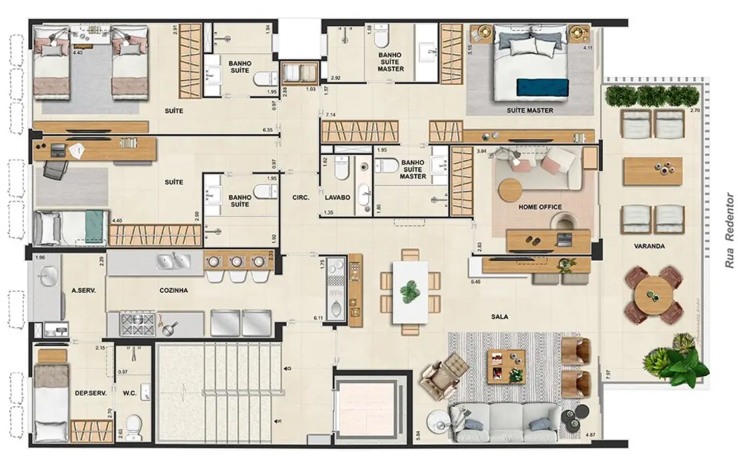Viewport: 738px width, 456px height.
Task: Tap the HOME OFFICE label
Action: pyautogui.click(x=539, y=208)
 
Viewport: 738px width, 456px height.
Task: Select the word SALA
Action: pyautogui.click(x=499, y=316)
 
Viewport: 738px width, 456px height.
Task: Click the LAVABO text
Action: pyautogui.click(x=337, y=198)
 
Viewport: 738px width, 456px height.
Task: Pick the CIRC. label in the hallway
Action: pyautogui.click(x=300, y=198)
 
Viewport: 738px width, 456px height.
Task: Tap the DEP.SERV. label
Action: pyautogui.click(x=90, y=394)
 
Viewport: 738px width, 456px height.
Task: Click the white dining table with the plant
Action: pyautogui.click(x=410, y=291)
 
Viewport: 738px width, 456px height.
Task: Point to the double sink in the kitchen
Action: pyautogui.click(x=172, y=262)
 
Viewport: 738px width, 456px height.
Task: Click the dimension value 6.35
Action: pyautogui.click(x=267, y=130)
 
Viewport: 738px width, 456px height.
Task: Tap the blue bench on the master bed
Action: pyautogui.click(x=543, y=86)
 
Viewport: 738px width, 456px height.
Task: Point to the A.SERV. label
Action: pyautogui.click(x=83, y=289)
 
